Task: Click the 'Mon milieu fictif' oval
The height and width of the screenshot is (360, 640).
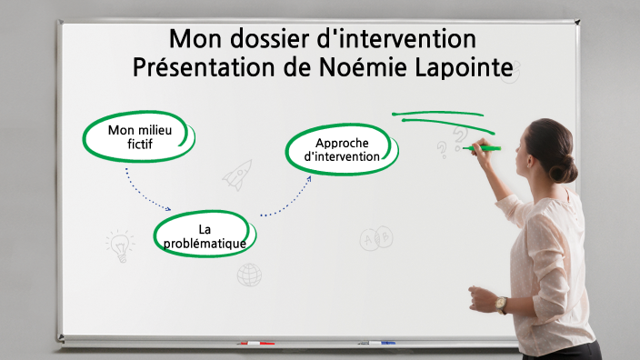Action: (x=139, y=136)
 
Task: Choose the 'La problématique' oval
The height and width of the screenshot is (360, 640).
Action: (x=205, y=235)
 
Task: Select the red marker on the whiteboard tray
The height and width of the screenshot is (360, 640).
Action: (x=255, y=344)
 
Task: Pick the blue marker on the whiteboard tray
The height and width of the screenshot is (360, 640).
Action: (x=382, y=343)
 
